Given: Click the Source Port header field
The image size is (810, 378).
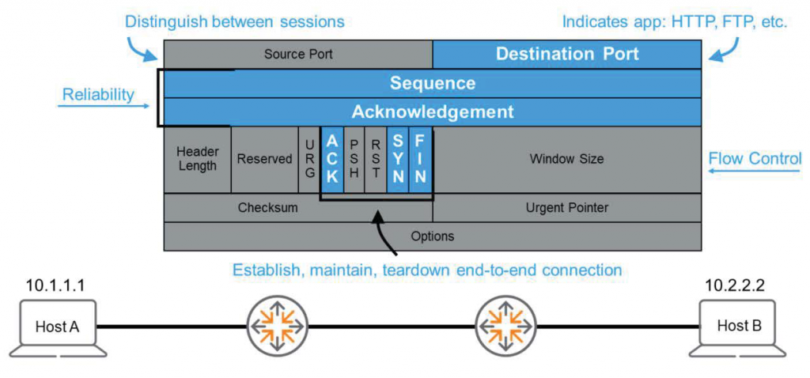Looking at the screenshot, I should point(298,55).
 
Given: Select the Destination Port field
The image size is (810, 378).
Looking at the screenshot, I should point(566,55).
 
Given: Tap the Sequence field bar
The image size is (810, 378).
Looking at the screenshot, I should point(432,84).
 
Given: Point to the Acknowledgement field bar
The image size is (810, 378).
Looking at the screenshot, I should point(432,112).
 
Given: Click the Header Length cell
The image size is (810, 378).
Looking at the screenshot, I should point(197,159).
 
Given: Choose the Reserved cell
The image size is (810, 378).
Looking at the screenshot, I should point(264,159).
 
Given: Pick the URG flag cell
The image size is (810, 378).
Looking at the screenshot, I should point(308,159).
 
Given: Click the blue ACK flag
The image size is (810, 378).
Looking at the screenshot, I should point(332,159).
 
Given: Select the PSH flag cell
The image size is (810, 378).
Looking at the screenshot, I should point(354,159).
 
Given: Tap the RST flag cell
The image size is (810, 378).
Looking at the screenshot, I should point(377,159).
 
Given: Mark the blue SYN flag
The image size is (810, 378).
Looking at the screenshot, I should point(398,159).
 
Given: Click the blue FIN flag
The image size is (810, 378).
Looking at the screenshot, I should point(421,159).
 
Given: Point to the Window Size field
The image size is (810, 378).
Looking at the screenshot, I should point(566,159).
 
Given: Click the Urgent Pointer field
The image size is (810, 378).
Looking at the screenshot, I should point(566,208).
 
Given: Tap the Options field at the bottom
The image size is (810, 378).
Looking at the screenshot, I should point(432,236).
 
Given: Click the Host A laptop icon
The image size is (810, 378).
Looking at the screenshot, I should point(57,327).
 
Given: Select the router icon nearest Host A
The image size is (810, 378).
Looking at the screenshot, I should point(277,326).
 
